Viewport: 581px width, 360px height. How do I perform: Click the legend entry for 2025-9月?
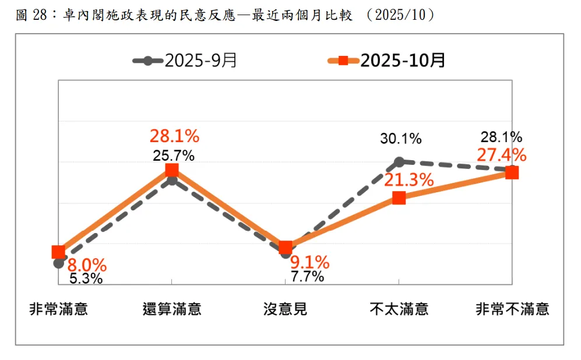(185, 61)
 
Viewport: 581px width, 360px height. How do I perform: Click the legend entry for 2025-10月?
(386, 61)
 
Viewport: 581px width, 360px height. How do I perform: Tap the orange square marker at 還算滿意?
(172, 170)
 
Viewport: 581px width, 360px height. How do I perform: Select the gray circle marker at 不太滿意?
(399, 161)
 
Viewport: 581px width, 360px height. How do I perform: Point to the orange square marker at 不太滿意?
(399, 198)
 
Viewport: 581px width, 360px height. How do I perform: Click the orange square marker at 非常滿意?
(58, 252)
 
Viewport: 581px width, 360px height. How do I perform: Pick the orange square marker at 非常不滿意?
(512, 172)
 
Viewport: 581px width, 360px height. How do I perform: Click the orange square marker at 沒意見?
(286, 247)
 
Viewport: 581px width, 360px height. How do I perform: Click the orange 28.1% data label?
(174, 137)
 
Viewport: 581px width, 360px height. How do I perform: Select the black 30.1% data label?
(401, 139)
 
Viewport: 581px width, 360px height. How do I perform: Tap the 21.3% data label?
(409, 179)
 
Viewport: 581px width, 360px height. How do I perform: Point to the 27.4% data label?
(501, 155)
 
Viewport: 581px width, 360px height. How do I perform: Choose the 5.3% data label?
(86, 278)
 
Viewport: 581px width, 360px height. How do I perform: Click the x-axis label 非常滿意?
(58, 309)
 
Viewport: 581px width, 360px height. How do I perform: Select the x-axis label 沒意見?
(286, 309)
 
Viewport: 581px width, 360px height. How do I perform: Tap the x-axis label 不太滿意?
(399, 309)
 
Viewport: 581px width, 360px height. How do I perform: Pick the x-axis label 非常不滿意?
(512, 309)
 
